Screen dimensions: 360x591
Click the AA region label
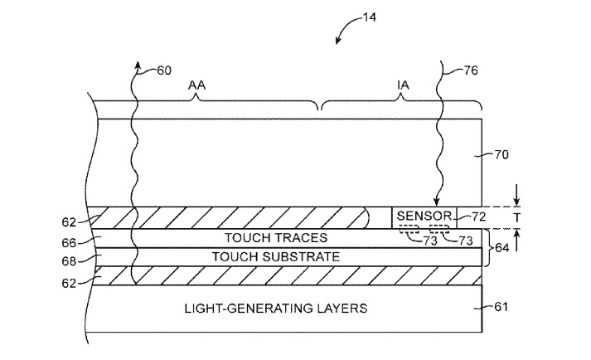pyautogui.click(x=196, y=85)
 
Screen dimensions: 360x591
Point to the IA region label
pyautogui.click(x=403, y=85)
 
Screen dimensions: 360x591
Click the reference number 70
pyautogui.click(x=501, y=153)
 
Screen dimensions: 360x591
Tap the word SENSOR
pyautogui.click(x=424, y=216)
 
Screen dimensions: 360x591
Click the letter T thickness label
pyautogui.click(x=517, y=217)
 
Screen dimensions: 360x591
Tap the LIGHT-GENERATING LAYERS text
pyautogui.click(x=275, y=309)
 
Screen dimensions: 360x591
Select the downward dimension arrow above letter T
pyautogui.click(x=517, y=201)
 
